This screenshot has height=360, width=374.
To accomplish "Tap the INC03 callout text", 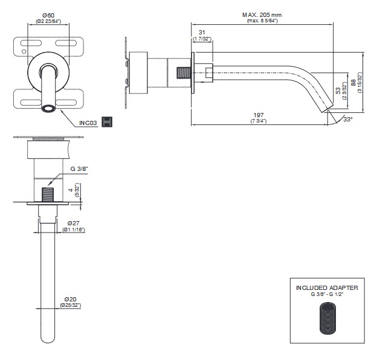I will (x=89, y=123).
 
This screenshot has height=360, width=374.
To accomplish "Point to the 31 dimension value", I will (x=202, y=32).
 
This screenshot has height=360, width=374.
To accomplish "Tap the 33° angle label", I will (x=347, y=120).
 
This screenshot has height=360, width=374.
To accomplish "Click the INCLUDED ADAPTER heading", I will (x=327, y=288).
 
